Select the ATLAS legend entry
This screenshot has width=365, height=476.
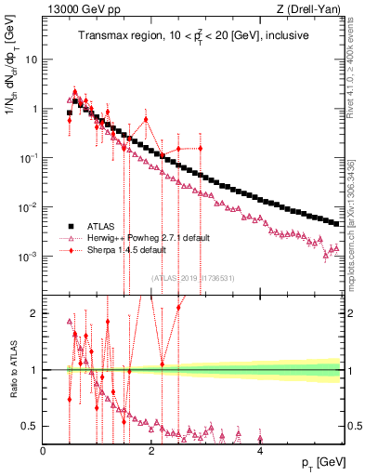(100, 226)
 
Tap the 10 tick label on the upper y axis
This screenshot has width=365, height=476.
(31, 59)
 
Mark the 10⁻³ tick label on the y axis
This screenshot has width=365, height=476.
(28, 256)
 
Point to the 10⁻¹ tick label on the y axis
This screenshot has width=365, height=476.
(28, 158)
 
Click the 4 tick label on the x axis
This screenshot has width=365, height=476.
(260, 451)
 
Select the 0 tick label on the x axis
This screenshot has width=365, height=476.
(43, 451)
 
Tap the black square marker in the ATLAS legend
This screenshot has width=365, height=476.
(70, 226)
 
